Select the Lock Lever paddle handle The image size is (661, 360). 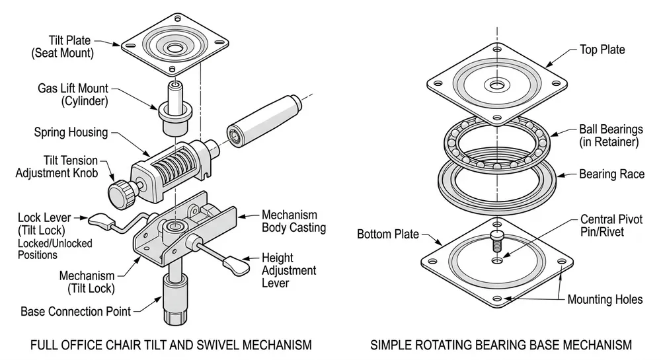[x=101, y=221]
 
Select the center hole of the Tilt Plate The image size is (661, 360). [x=175, y=49]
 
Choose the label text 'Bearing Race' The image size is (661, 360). [x=611, y=174]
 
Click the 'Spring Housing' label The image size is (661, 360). [x=71, y=132]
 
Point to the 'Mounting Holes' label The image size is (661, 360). [x=605, y=299]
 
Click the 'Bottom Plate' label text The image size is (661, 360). [x=388, y=234]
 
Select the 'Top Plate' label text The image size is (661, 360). [x=602, y=50]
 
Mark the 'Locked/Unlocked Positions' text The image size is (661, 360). [x=55, y=249]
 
